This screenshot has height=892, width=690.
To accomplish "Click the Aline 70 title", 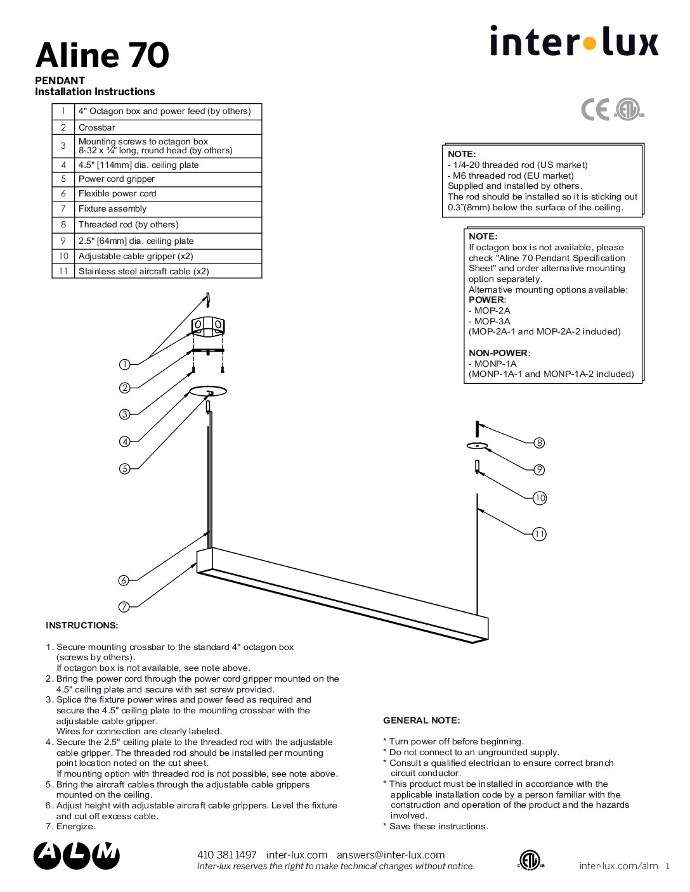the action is click(102, 55).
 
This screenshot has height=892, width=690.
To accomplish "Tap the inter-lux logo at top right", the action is click(574, 41).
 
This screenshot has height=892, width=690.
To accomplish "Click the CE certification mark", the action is click(595, 110).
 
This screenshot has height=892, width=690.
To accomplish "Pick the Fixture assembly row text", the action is click(112, 208).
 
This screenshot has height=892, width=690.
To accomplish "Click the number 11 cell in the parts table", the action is click(63, 271).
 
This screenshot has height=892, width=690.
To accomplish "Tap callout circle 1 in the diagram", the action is click(124, 364).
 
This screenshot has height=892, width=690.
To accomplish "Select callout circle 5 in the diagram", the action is click(124, 468).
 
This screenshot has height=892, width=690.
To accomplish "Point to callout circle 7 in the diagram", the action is click(124, 606).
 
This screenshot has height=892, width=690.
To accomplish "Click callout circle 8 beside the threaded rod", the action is click(539, 443).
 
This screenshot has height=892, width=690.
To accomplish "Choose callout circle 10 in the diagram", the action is click(540, 498).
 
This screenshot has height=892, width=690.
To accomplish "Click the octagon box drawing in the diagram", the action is click(208, 327).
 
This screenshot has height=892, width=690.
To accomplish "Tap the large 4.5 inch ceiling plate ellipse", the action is click(208, 391).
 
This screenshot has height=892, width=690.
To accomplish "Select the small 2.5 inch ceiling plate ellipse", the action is click(477, 446).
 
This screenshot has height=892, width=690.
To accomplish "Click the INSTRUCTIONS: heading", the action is click(82, 625).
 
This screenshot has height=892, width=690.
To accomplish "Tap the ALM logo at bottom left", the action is click(77, 856).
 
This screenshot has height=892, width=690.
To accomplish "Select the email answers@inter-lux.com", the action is click(391, 855).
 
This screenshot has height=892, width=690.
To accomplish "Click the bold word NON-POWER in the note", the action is click(498, 353).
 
